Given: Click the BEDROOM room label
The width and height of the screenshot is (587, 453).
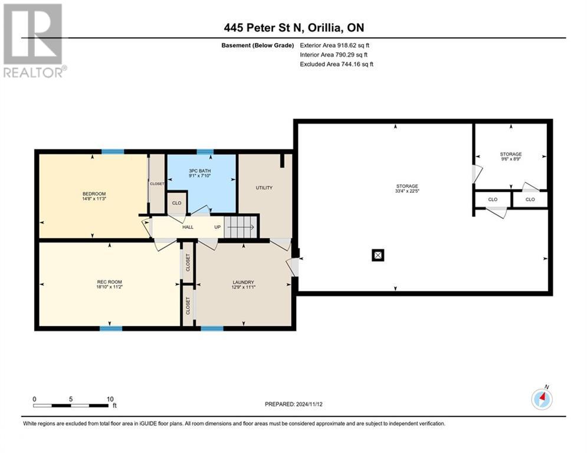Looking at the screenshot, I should [x=94, y=194].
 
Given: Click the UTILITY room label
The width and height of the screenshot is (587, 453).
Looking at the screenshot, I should [x=264, y=188].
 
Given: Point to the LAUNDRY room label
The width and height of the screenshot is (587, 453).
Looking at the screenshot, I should [x=243, y=282].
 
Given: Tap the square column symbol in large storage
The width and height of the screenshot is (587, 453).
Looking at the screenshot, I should [x=378, y=255].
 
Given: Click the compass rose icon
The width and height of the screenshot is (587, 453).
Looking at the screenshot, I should [x=541, y=399].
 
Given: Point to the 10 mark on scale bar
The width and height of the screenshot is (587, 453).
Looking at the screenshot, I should [x=110, y=399].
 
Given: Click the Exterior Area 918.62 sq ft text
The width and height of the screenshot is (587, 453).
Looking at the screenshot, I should [x=335, y=45].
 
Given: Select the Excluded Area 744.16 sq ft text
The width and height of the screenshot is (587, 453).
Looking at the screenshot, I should [x=336, y=64].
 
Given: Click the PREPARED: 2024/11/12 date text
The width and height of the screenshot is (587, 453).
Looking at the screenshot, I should [x=293, y=404].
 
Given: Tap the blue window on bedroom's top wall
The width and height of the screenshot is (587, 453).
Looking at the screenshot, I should [x=112, y=152].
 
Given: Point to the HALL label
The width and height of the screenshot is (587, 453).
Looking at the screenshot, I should [x=188, y=226].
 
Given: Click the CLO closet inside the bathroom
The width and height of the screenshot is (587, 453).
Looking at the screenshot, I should [x=176, y=202].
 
